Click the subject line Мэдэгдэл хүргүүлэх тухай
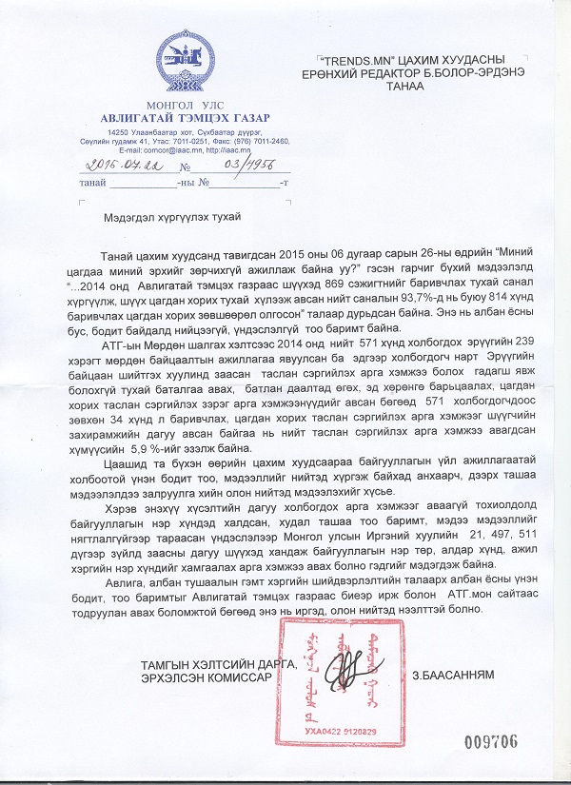pos(172,217)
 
